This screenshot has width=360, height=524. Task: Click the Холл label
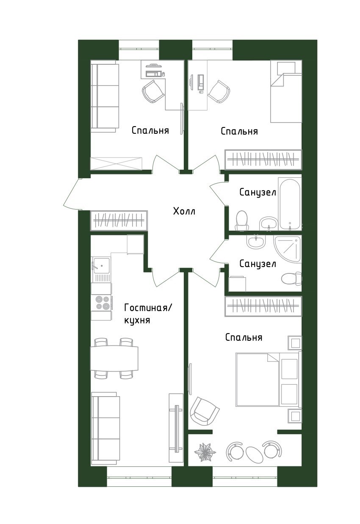point(184,211)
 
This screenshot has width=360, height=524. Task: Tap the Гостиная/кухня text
point(148,314)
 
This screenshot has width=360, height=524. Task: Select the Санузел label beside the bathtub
point(258,193)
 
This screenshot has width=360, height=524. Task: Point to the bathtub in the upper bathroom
point(290,204)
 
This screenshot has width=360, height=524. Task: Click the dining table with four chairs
point(114,358)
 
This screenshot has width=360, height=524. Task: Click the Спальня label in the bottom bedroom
point(244,337)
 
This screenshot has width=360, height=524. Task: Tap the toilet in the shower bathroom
point(291,278)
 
